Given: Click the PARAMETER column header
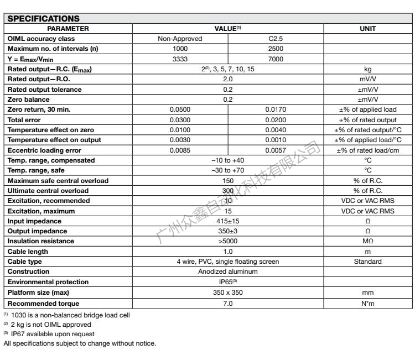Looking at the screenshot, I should click(68, 28).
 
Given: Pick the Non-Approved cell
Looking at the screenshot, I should click(180, 38).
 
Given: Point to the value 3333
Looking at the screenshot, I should click(180, 58).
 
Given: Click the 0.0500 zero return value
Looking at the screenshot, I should click(180, 109).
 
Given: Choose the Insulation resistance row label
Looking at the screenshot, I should click(40, 241).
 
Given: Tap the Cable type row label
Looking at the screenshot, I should click(26, 262).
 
